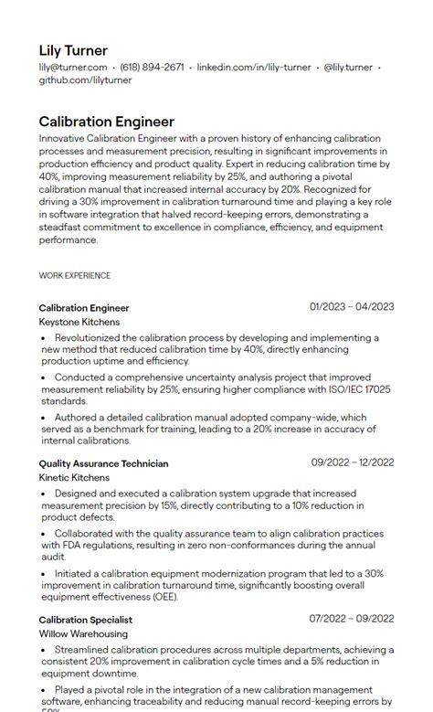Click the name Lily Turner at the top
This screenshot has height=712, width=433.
[x=73, y=50]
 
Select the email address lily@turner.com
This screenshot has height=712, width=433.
[x=73, y=67]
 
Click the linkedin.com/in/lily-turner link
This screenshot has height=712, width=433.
[x=254, y=67]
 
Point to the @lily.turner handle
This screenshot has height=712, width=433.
[x=348, y=67]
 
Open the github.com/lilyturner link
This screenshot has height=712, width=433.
[x=85, y=80]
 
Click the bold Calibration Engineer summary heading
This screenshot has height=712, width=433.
[x=106, y=121]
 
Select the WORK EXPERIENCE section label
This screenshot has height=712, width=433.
[x=75, y=275]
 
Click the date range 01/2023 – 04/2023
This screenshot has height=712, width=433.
[x=352, y=307]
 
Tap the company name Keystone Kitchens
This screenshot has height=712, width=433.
[x=79, y=322]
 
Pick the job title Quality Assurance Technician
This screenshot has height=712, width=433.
[x=103, y=463]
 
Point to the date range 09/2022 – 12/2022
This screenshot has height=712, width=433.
[x=352, y=462]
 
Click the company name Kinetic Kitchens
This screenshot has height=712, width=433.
[x=74, y=477]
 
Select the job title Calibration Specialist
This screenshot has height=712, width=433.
[x=86, y=619]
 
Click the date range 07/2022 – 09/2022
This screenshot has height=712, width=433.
[x=352, y=618]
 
